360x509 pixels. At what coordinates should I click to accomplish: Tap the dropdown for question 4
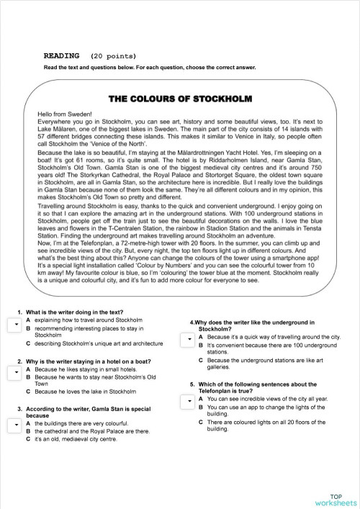click(x=186, y=338)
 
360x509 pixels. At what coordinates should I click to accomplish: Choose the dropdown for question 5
click(x=186, y=399)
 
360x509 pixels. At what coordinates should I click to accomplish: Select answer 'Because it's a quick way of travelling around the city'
click(x=274, y=337)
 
